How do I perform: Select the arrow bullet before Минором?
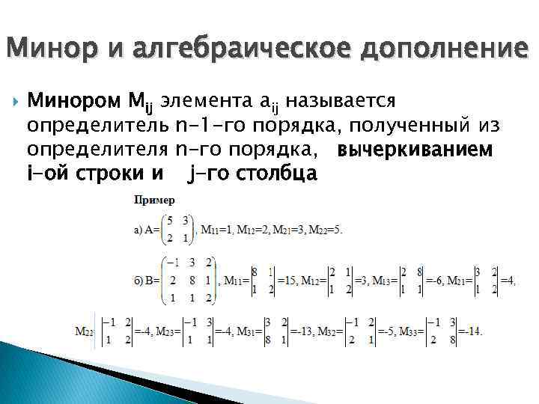tap(16, 100)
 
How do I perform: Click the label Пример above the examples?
tap(154, 201)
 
